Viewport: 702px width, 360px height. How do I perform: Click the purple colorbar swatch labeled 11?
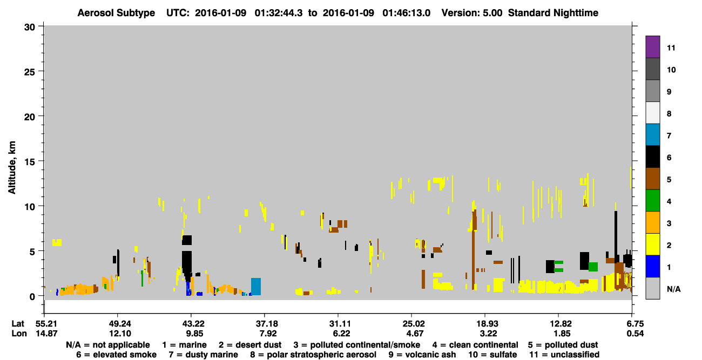tap(652, 46)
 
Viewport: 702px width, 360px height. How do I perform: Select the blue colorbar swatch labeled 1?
tap(652, 266)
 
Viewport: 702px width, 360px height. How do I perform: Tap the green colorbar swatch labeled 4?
tap(652, 201)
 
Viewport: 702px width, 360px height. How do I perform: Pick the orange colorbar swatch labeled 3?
tap(652, 222)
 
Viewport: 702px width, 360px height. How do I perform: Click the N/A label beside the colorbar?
tap(673, 289)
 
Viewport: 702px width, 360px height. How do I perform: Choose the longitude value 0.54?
tap(635, 334)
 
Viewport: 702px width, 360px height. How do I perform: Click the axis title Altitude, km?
tap(12, 167)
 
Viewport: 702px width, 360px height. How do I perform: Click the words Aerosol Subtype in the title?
tap(116, 13)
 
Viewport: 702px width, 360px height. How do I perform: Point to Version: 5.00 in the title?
tap(472, 13)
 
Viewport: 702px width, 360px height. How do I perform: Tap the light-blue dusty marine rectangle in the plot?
tap(256, 287)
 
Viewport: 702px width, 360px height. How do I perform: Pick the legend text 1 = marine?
tap(184, 345)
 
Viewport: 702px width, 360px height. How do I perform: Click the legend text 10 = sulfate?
tap(492, 355)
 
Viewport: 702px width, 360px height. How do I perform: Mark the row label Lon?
tap(19, 334)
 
